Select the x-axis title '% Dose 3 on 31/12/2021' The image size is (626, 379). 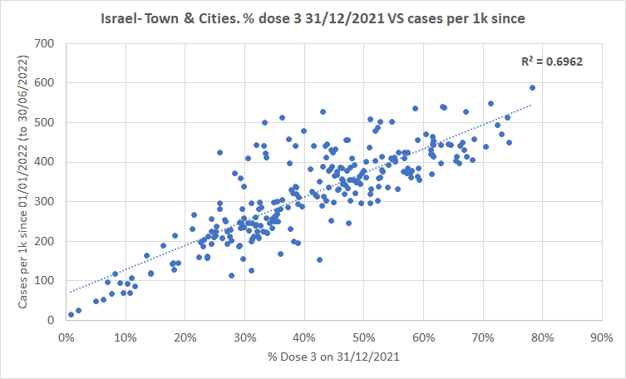[333, 357]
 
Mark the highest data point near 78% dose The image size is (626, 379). [532, 87]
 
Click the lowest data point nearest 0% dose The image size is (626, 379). [71, 315]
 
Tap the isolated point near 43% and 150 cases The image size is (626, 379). [319, 259]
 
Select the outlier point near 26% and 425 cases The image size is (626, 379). [219, 153]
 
